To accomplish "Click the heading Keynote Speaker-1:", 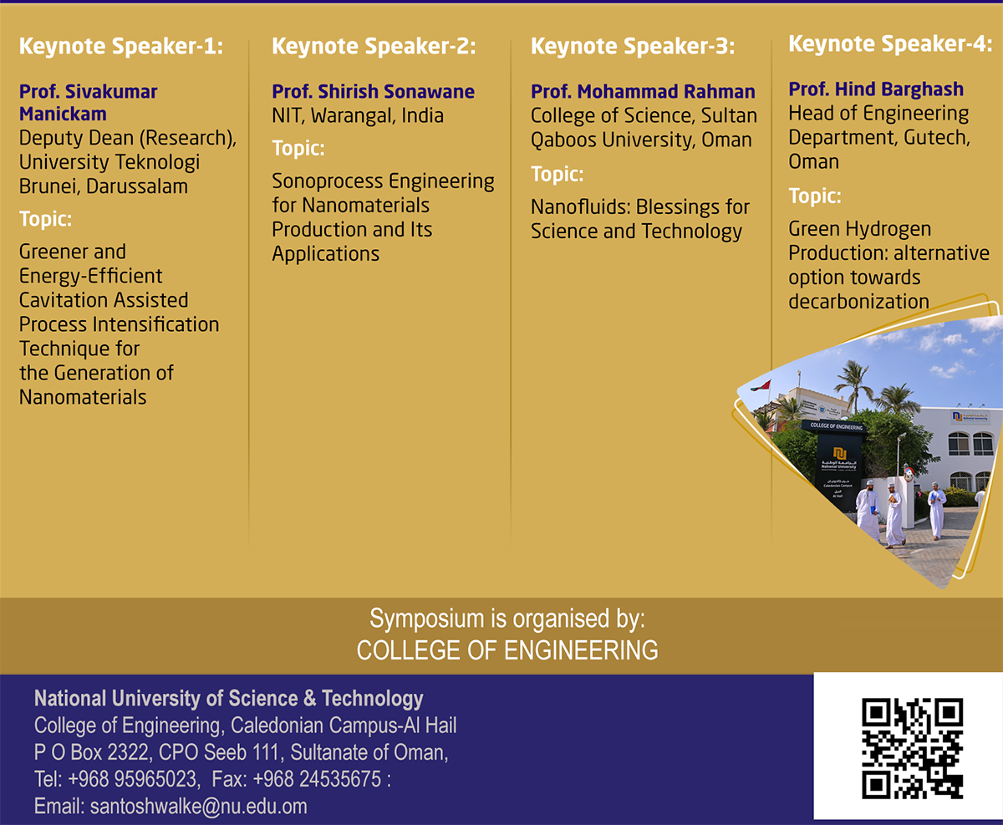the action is tap(121, 47).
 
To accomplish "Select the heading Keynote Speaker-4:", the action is tap(890, 44).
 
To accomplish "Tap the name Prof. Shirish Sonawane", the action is tap(373, 91).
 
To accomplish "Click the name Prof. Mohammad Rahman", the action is tap(643, 91).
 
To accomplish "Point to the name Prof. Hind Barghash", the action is tap(876, 89).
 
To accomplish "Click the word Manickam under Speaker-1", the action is tap(63, 115).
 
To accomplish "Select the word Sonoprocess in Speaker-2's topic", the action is tap(327, 181).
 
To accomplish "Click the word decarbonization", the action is tap(858, 302).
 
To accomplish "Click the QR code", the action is tap(912, 748).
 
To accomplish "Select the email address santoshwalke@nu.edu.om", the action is tap(199, 807).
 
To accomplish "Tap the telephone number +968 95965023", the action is tap(132, 779).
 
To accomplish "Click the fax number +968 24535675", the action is tap(317, 779).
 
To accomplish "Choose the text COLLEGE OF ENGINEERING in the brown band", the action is tap(507, 650).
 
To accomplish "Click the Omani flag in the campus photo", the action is tap(761, 385).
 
